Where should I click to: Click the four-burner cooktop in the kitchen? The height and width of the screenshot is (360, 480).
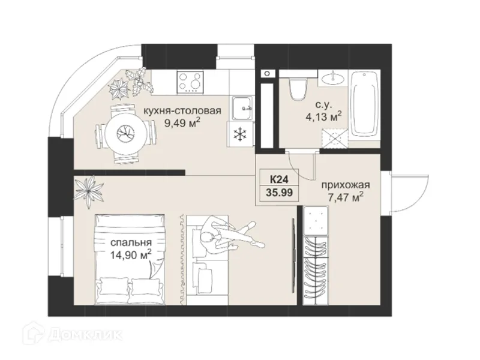click(190, 82)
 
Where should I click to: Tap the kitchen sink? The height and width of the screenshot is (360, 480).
click(242, 108)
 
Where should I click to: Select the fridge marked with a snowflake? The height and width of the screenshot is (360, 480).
click(241, 134)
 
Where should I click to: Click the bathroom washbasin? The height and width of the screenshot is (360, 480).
click(332, 78)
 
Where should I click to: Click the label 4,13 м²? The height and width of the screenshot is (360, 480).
click(323, 117)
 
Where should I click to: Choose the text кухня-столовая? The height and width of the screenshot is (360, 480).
click(182, 110)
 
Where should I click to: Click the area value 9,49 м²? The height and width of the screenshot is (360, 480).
click(182, 123)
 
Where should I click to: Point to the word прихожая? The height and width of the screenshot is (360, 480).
click(346, 185)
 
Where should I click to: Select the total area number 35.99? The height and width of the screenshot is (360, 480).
click(280, 193)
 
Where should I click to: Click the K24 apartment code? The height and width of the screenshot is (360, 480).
click(279, 178)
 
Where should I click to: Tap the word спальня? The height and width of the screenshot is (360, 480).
click(131, 242)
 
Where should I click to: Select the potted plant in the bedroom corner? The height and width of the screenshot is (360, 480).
click(89, 191)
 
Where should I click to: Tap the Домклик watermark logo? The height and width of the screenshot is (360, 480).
click(73, 335)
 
